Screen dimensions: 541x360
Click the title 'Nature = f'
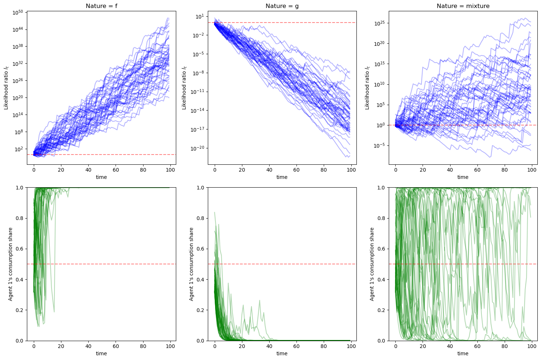(x=101, y=6)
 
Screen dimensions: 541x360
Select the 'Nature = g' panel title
(x=282, y=6)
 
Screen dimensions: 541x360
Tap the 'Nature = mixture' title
(x=463, y=6)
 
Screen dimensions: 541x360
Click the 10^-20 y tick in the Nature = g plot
(x=197, y=148)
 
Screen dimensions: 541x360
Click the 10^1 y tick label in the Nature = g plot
(x=200, y=16)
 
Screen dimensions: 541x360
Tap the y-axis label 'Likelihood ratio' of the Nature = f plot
(x=6, y=88)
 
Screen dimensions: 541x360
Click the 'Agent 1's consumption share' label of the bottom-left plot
(x=10, y=264)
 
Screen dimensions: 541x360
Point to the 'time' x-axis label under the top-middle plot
(x=282, y=177)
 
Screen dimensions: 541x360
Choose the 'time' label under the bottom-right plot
(x=463, y=353)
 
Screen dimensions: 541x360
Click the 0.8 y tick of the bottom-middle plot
(x=201, y=218)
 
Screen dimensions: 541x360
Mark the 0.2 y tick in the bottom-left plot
(x=20, y=310)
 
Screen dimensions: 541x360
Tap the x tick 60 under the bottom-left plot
(x=116, y=346)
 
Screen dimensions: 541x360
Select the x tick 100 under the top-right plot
(x=532, y=170)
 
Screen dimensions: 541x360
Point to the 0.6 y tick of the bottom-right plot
(x=381, y=249)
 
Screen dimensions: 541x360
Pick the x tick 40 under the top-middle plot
(x=269, y=170)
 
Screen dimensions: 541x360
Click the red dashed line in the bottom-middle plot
(x=282, y=264)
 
